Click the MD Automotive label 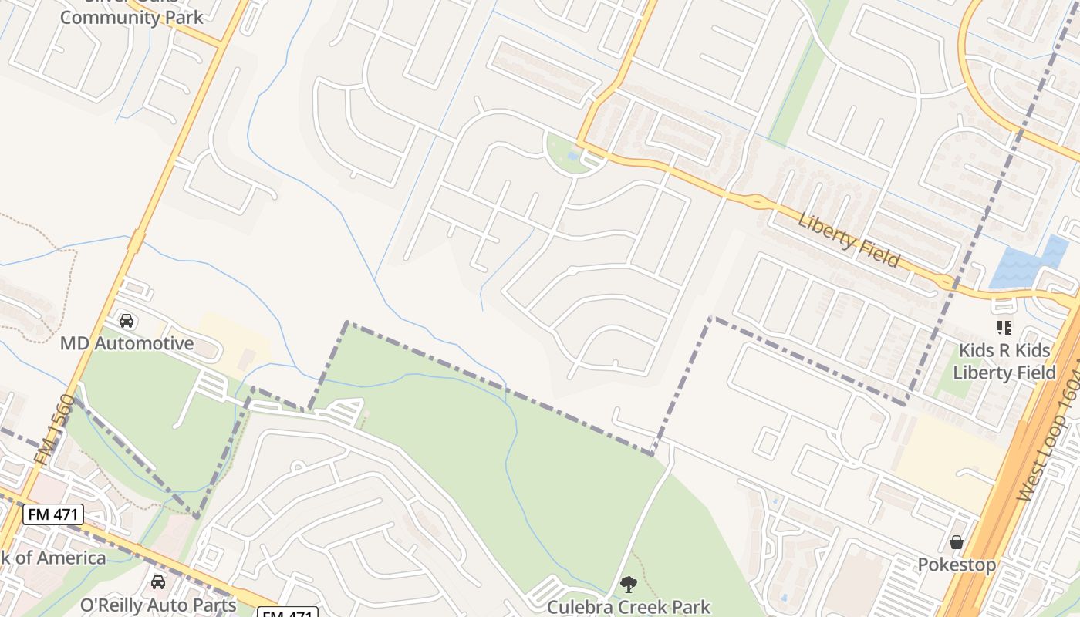tap(127, 343)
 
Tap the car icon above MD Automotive tap(127, 320)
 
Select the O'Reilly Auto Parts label tap(158, 604)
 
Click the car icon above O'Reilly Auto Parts tap(158, 582)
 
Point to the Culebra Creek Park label tap(628, 607)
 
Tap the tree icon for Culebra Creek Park tap(629, 585)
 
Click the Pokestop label tap(957, 565)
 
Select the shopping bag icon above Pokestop tap(957, 542)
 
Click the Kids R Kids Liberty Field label tap(1004, 362)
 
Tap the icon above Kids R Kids tap(1004, 328)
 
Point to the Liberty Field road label tap(849, 241)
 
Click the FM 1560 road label tap(54, 430)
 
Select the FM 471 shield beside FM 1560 tap(52, 514)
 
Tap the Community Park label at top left tap(131, 17)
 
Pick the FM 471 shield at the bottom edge tap(287, 614)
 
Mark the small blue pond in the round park tap(572, 156)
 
